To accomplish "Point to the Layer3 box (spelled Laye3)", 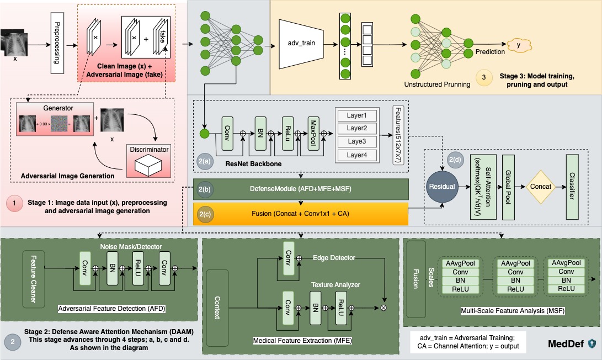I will point(356,142).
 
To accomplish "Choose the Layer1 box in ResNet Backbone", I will point(356,116).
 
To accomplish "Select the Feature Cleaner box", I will point(34,279).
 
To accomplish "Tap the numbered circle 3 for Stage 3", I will point(484,78).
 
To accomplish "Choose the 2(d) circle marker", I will point(456,160).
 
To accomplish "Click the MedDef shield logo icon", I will point(592,344).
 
